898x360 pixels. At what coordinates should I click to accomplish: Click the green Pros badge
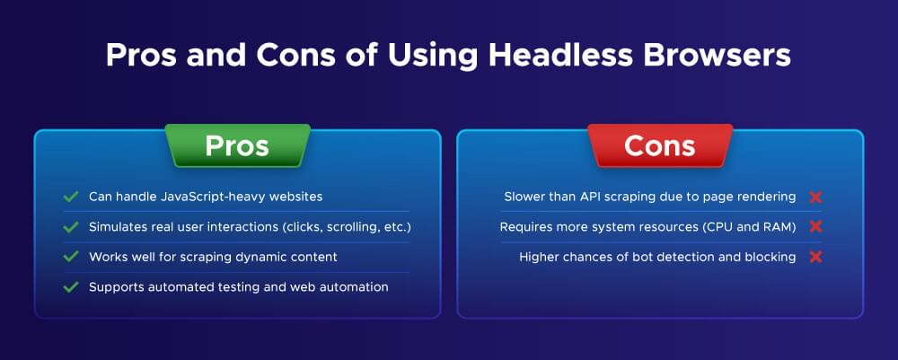237,146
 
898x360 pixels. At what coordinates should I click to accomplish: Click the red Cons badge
660,146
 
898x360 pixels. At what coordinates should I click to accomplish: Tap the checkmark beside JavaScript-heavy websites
71,197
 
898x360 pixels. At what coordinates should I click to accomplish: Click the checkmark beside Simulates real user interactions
71,227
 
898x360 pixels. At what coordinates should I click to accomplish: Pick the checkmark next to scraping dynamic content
71,257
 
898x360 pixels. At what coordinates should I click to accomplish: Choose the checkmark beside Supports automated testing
71,287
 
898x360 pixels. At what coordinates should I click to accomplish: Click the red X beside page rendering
815,197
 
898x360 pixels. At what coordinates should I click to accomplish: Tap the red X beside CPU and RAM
815,227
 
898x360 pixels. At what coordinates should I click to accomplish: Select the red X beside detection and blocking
815,257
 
